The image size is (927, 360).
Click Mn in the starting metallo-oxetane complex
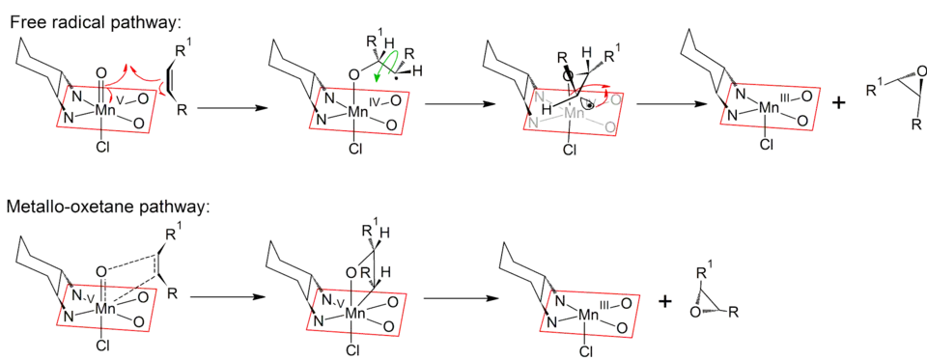click(102, 311)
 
